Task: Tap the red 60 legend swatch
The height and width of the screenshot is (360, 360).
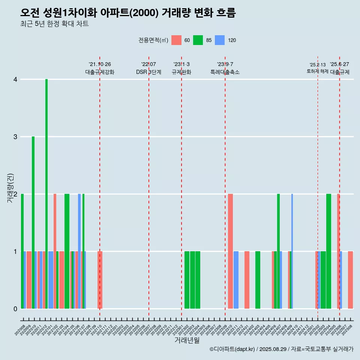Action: point(176,40)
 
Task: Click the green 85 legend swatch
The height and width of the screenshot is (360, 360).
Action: point(198,40)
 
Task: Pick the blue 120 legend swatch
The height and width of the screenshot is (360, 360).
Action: point(220,40)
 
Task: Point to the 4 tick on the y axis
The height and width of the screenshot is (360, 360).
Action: point(15,79)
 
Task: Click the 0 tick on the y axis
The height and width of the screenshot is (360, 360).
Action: point(15,309)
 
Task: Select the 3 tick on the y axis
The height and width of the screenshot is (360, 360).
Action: point(15,137)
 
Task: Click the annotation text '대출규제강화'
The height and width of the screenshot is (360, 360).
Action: point(100,72)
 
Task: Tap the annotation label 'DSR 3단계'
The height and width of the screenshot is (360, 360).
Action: point(148,72)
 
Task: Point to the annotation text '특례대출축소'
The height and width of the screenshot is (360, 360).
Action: point(225,72)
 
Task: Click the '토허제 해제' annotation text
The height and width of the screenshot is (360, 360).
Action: point(317,71)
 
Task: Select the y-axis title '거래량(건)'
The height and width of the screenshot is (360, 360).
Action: point(10,187)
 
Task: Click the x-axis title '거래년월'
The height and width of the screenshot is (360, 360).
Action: point(187,340)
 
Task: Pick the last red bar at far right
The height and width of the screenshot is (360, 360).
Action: point(350,280)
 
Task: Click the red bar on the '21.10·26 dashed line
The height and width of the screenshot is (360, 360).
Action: point(100,280)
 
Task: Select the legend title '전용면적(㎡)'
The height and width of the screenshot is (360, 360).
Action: point(153,40)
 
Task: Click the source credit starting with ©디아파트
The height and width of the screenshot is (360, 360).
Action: point(281,349)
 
